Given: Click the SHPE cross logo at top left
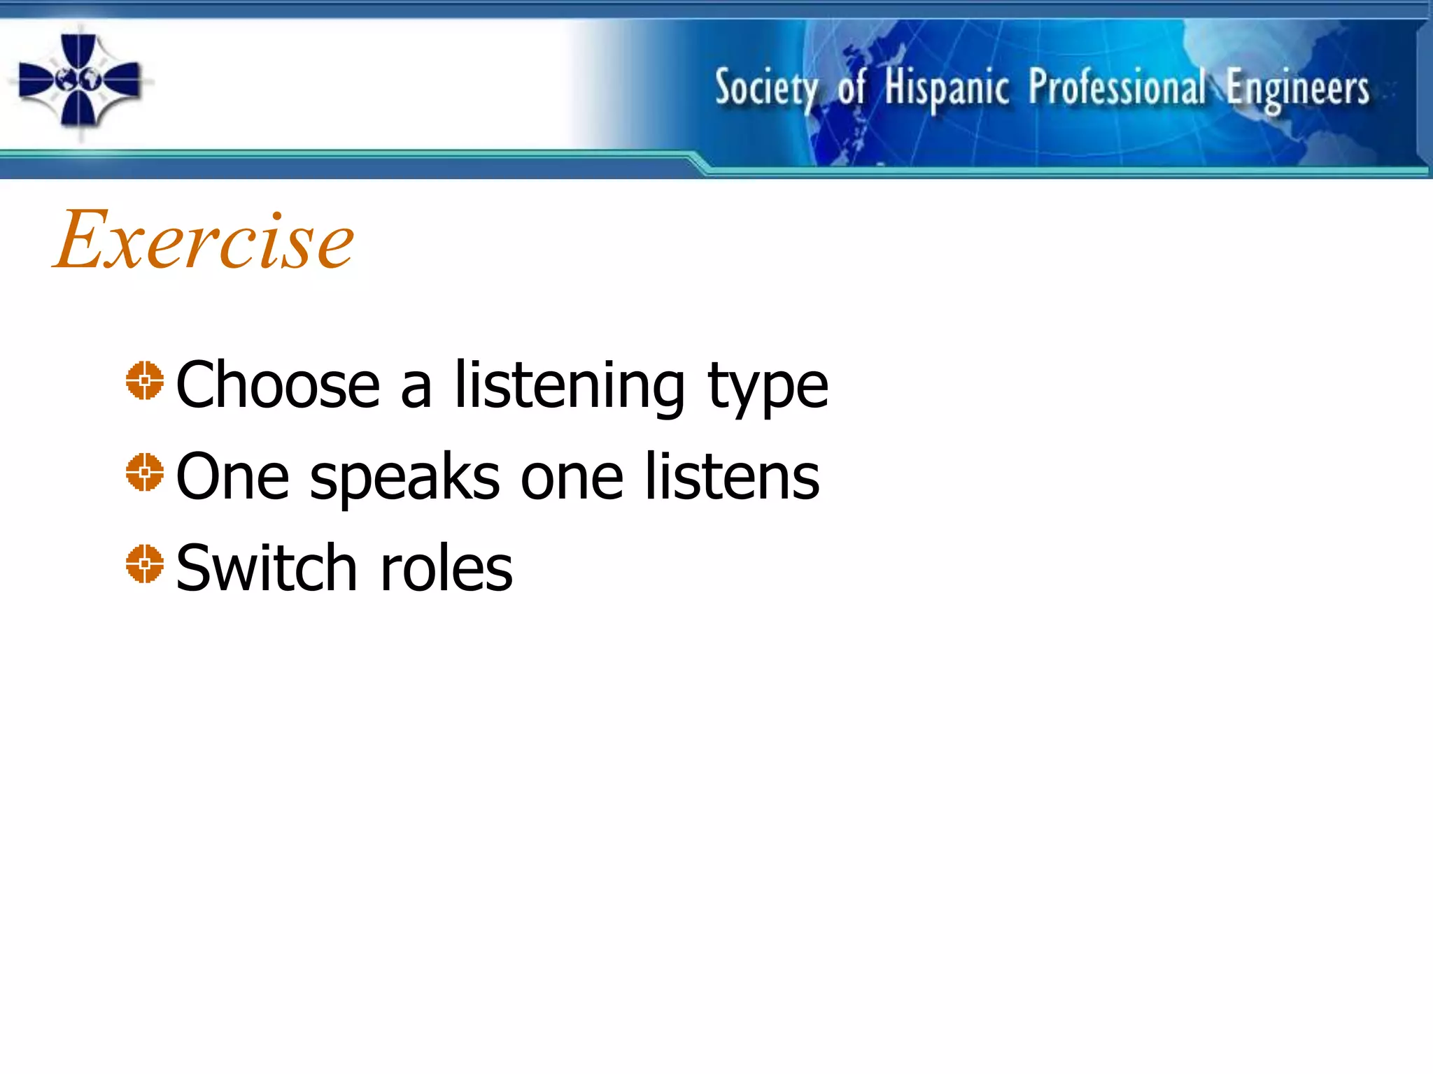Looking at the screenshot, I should pyautogui.click(x=79, y=80).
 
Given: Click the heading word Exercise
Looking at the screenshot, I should pyautogui.click(x=204, y=241).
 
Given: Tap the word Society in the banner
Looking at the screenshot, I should pyautogui.click(x=766, y=89).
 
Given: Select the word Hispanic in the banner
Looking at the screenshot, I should pyautogui.click(x=946, y=89).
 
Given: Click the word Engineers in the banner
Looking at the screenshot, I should pyautogui.click(x=1297, y=89).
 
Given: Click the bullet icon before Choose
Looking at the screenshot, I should pyautogui.click(x=145, y=380).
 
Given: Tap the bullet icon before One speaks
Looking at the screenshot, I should pyautogui.click(x=145, y=472).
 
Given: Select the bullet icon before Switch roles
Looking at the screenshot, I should pyautogui.click(x=145, y=564).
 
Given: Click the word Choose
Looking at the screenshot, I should pyautogui.click(x=278, y=385).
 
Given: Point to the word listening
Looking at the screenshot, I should pyautogui.click(x=570, y=385).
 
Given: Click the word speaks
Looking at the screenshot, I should pyautogui.click(x=404, y=478).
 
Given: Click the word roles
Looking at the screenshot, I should pyautogui.click(x=446, y=568).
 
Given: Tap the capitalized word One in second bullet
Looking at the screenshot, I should pyautogui.click(x=232, y=477).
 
